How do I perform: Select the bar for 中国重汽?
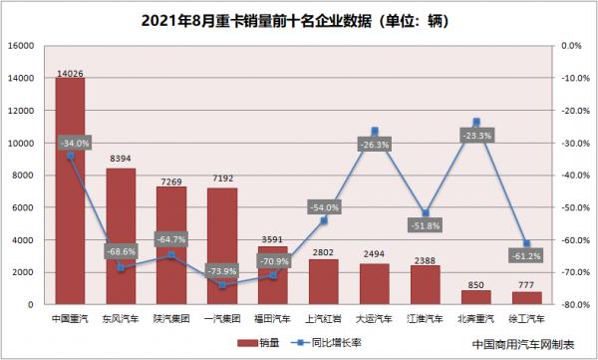(70, 199)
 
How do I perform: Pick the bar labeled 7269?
(171, 249)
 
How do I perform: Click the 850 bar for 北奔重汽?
(475, 297)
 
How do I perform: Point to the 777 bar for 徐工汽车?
(526, 298)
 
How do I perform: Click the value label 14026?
(70, 72)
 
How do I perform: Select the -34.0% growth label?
(75, 143)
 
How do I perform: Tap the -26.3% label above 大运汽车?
(375, 145)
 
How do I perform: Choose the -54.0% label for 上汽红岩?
(324, 207)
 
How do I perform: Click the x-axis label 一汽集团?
(222, 319)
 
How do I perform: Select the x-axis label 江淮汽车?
(426, 319)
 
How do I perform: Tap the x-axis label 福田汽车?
(273, 319)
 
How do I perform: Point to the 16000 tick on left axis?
(22, 46)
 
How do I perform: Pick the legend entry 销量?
(270, 344)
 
